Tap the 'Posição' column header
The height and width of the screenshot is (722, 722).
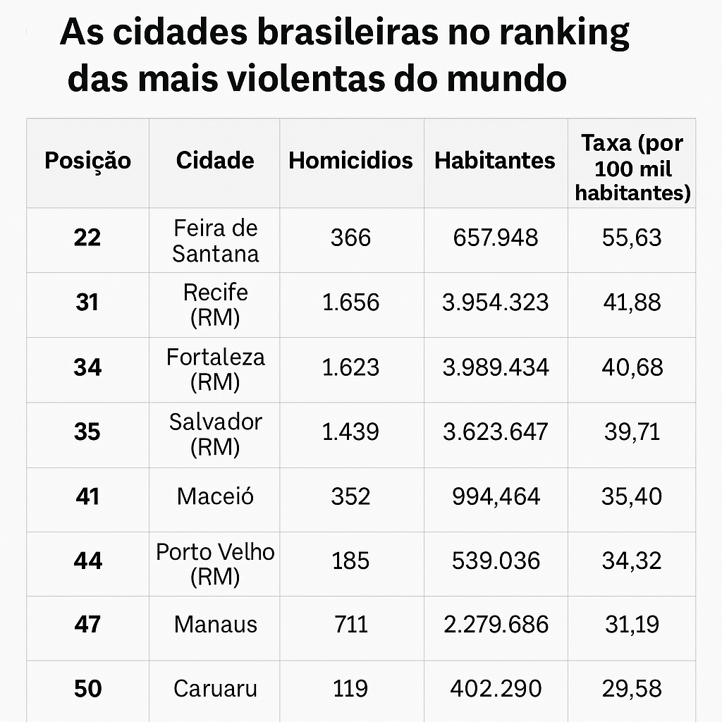[87, 161]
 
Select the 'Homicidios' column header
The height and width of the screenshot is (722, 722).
[350, 160]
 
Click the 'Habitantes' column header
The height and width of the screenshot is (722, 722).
[495, 161]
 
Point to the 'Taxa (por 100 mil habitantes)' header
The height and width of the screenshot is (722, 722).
[632, 168]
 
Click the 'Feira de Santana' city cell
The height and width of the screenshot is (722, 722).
[216, 240]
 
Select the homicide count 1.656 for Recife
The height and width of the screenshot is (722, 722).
[350, 302]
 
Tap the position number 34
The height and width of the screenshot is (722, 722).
[87, 367]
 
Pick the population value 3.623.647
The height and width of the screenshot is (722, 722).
[495, 432]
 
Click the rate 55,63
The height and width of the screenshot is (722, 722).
[632, 238]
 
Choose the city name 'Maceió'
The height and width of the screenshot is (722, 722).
[216, 496]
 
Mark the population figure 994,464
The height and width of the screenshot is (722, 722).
[495, 496]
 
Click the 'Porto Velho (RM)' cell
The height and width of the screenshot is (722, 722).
[216, 564]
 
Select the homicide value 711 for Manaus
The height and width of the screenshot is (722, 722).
[350, 624]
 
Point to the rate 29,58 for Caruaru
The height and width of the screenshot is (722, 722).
[632, 688]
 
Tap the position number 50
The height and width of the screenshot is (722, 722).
[87, 688]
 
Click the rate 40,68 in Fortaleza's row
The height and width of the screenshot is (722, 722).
[632, 367]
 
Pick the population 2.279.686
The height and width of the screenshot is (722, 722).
[495, 624]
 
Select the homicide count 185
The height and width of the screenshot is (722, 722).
[350, 561]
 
